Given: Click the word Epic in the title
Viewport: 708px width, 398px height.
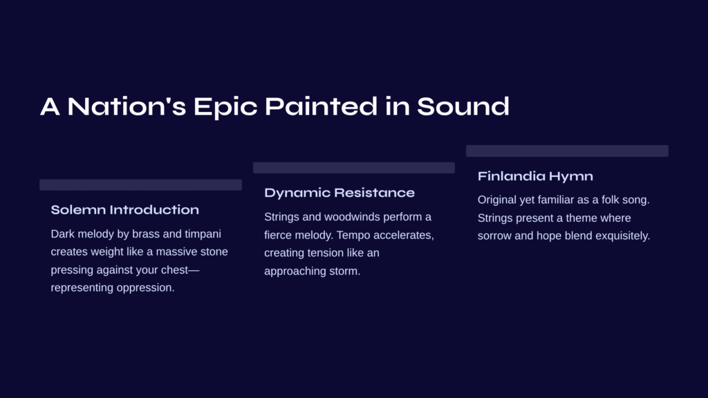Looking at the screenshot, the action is [225, 107].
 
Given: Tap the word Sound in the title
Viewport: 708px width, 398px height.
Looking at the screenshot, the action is [463, 106].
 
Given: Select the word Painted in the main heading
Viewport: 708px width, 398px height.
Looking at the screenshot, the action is [321, 106].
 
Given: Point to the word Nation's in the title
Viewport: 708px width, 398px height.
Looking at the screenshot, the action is [127, 106].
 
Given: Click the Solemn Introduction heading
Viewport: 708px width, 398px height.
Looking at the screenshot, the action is [124, 210].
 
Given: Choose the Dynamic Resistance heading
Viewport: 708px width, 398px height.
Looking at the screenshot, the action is [339, 193].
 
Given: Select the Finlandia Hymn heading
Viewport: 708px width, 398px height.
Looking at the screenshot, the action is [535, 176].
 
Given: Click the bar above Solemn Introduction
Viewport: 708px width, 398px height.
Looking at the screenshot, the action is [140, 184].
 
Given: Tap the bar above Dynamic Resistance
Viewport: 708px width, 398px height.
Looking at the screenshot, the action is [353, 167].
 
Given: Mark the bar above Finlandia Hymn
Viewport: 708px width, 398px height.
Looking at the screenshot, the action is [567, 151].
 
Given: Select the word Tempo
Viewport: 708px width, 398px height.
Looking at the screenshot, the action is [351, 236].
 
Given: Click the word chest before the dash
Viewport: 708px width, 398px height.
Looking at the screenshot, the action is [174, 270].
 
